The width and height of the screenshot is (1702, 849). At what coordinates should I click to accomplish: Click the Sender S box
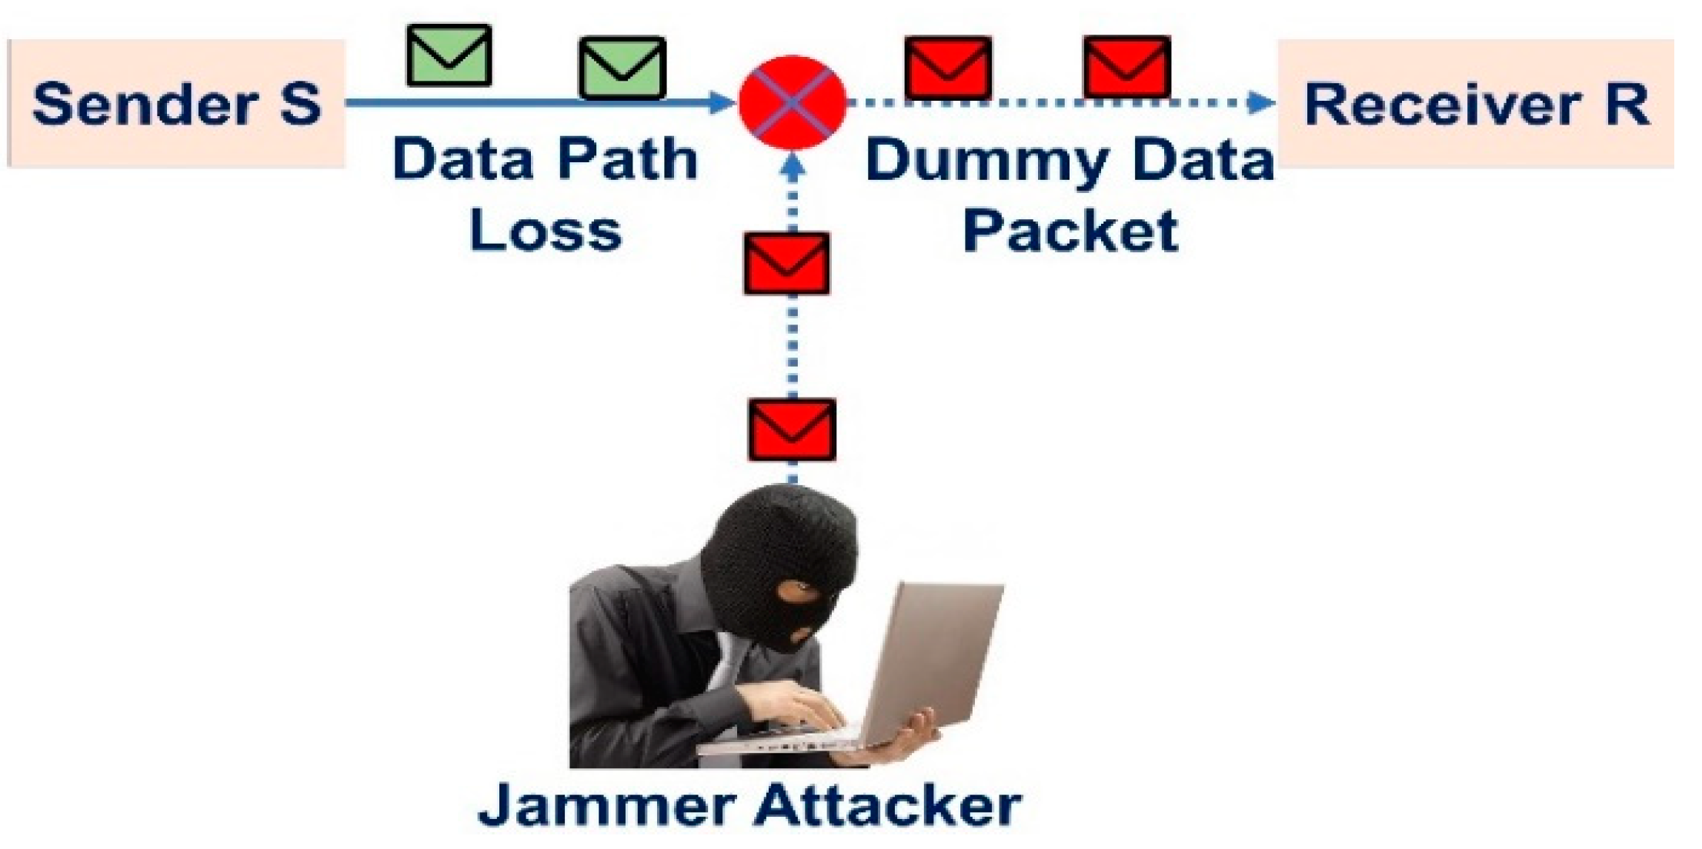pyautogui.click(x=175, y=104)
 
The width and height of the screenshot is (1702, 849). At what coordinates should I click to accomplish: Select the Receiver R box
pyautogui.click(x=1476, y=104)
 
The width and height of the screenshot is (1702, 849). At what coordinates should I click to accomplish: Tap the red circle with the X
pyautogui.click(x=792, y=102)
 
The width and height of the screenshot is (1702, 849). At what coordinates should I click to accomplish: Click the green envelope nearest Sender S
pyautogui.click(x=449, y=55)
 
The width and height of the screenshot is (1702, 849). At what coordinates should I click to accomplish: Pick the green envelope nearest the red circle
pyautogui.click(x=622, y=68)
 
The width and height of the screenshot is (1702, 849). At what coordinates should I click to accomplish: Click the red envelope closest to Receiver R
pyautogui.click(x=1126, y=66)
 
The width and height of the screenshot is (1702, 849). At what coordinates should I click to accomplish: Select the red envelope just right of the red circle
pyautogui.click(x=948, y=68)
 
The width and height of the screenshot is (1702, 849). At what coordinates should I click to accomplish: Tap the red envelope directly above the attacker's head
pyautogui.click(x=792, y=429)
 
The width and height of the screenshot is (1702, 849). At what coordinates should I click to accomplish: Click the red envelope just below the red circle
pyautogui.click(x=786, y=264)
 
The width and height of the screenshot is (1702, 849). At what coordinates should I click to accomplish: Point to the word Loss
pyautogui.click(x=545, y=230)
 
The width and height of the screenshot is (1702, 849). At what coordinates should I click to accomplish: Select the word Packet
pyautogui.click(x=1070, y=230)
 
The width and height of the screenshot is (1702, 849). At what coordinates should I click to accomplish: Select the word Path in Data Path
pyautogui.click(x=626, y=160)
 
